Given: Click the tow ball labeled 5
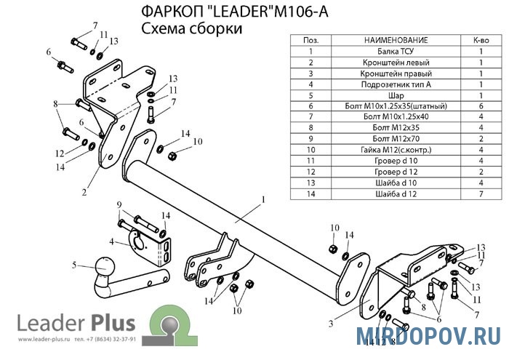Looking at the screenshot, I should (104, 271).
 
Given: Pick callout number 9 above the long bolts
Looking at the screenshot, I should (117, 207).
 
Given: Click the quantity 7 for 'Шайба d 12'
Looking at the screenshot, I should (481, 193).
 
